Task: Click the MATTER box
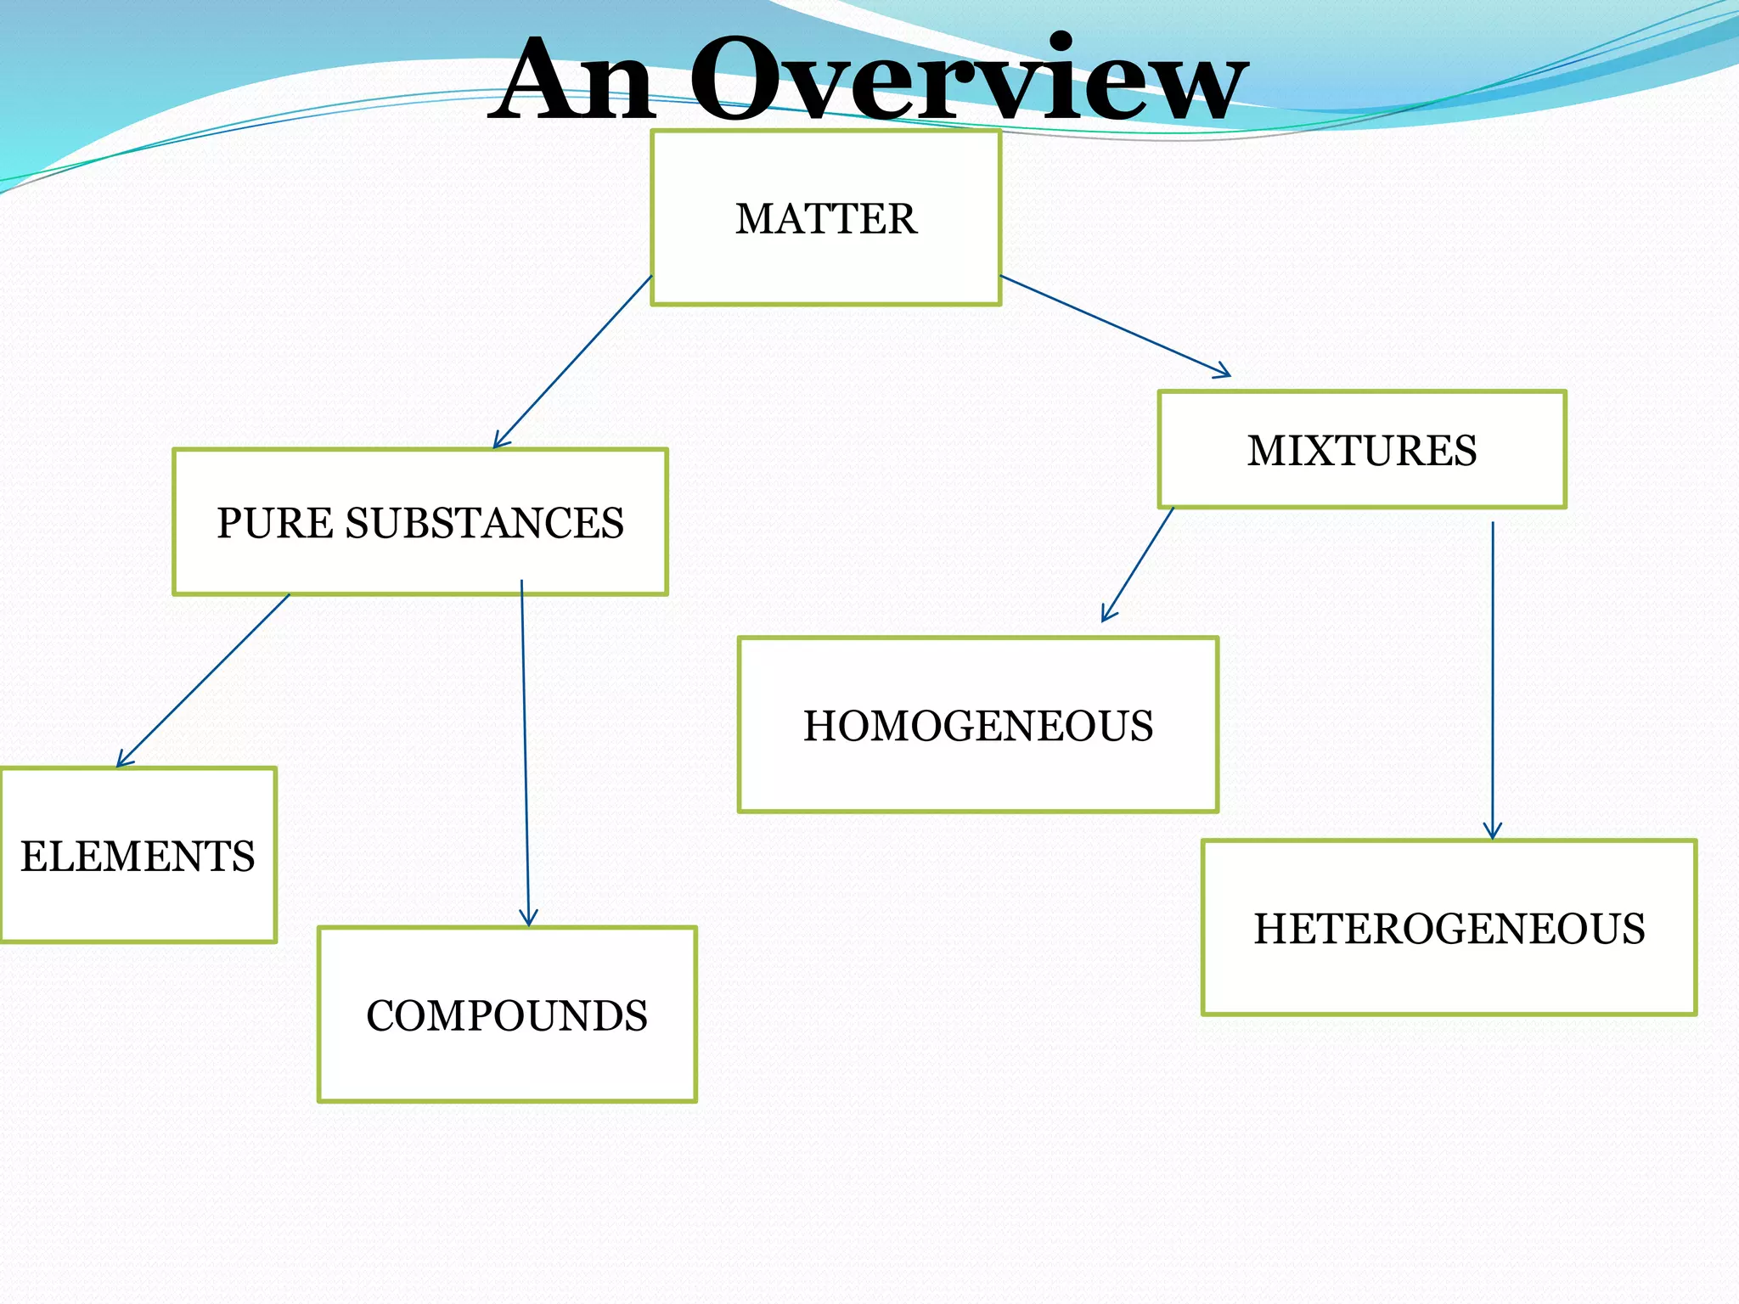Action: click(x=825, y=218)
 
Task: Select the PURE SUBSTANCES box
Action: click(x=419, y=522)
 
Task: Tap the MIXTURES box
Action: click(x=1361, y=450)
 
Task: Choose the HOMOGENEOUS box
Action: click(x=978, y=725)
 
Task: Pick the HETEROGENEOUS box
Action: click(x=1449, y=928)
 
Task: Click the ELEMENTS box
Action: click(x=138, y=856)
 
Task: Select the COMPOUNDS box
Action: click(x=507, y=1015)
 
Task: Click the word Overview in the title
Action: click(x=968, y=81)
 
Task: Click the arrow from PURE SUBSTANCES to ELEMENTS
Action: click(x=204, y=680)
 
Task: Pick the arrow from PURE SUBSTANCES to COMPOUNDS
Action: click(x=525, y=751)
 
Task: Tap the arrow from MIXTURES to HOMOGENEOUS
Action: click(x=1138, y=565)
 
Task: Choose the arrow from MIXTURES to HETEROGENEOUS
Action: click(x=1492, y=679)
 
